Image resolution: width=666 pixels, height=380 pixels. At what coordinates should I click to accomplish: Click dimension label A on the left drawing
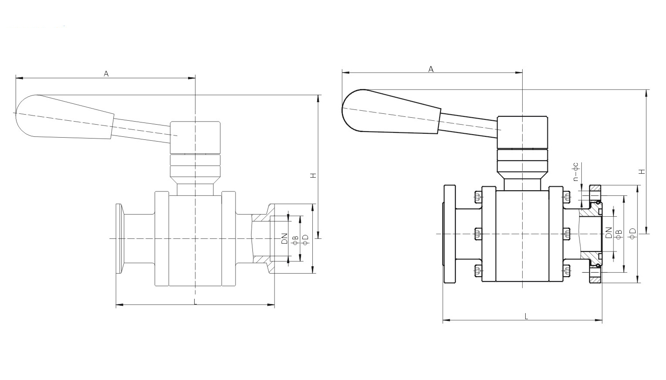click(106, 74)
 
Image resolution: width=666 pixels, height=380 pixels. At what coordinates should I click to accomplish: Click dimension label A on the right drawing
click(431, 69)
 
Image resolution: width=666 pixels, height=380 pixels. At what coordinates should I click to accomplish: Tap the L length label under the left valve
click(195, 301)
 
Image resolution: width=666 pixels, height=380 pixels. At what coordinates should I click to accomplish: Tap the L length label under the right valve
click(526, 317)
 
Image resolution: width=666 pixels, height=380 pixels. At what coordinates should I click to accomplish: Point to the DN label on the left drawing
click(285, 238)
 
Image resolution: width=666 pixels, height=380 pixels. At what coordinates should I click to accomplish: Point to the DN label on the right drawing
click(609, 233)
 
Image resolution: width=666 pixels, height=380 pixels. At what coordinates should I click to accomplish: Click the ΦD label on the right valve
click(633, 233)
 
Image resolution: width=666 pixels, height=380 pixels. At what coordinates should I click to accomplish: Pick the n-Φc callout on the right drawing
click(576, 172)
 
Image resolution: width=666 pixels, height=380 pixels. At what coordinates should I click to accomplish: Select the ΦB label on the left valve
click(295, 240)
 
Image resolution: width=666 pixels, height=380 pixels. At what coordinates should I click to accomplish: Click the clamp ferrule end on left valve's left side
click(119, 238)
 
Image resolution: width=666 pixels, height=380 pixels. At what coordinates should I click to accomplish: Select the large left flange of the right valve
click(450, 234)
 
